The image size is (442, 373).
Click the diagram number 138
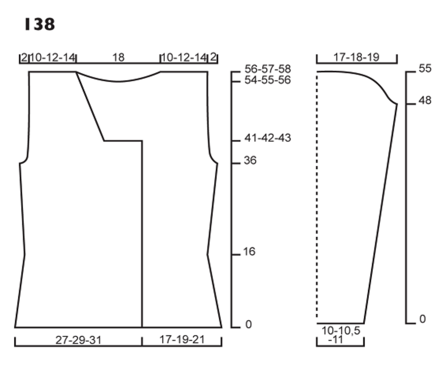click(x=40, y=24)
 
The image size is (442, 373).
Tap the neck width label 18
click(x=118, y=58)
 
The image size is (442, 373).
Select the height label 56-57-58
click(x=267, y=69)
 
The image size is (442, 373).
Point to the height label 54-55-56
click(x=267, y=80)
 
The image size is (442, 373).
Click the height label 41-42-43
click(x=267, y=138)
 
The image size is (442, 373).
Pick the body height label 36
click(x=250, y=161)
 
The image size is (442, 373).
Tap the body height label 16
click(x=249, y=251)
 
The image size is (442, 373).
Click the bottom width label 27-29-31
click(x=78, y=340)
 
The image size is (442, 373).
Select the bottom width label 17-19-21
click(x=182, y=339)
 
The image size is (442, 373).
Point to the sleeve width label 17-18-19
click(x=356, y=57)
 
